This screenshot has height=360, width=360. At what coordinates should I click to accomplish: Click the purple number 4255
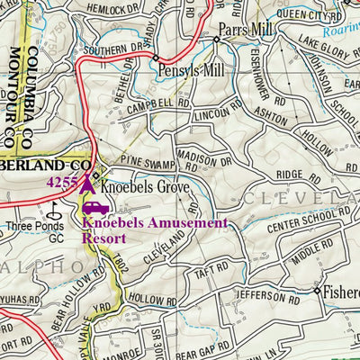click(62, 182)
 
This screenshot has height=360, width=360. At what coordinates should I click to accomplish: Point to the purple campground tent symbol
click(87, 183)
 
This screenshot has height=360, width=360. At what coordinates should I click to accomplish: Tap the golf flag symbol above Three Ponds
click(55, 209)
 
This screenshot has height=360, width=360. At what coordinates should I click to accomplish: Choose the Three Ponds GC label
click(34, 232)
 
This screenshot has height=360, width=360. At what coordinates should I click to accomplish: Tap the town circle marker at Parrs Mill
click(217, 40)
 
